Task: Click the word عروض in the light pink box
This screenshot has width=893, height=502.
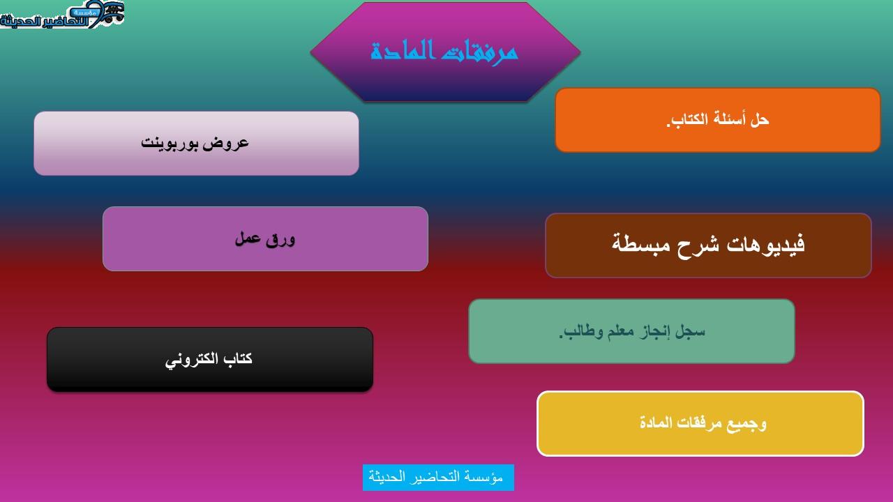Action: (231, 143)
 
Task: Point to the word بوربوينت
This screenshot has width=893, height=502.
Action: (174, 143)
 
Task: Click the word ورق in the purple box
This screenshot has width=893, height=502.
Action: (283, 239)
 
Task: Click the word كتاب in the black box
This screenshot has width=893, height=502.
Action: (238, 359)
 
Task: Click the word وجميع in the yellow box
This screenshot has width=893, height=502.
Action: (748, 423)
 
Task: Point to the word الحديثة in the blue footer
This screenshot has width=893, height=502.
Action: (387, 478)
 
